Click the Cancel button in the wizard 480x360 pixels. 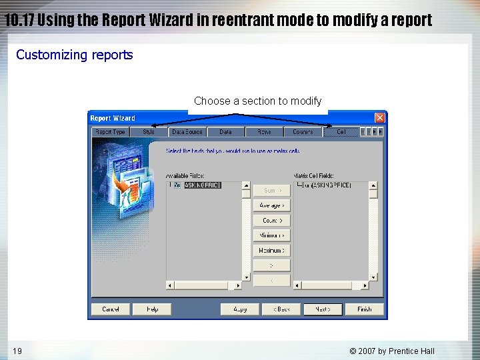click(x=111, y=309)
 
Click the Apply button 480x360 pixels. click(x=240, y=309)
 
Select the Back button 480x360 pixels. click(x=281, y=309)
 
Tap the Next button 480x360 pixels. click(x=323, y=309)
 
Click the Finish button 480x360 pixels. click(x=364, y=309)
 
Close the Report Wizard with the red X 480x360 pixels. click(x=379, y=118)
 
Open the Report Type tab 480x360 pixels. click(x=110, y=132)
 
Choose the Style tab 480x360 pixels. click(x=148, y=132)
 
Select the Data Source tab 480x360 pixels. click(x=187, y=132)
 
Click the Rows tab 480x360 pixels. click(x=264, y=132)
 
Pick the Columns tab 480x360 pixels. click(x=303, y=132)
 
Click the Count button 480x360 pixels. click(x=271, y=220)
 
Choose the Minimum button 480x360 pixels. click(x=271, y=235)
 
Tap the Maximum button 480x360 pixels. click(x=271, y=251)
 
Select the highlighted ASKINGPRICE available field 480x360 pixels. click(x=202, y=185)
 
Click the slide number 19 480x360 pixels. click(x=17, y=351)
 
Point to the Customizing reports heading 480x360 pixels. click(x=75, y=55)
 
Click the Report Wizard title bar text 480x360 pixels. click(x=113, y=118)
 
